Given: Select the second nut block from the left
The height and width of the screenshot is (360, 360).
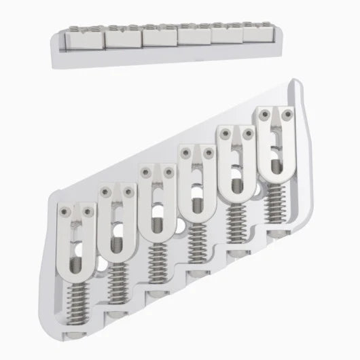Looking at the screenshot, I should (122, 38).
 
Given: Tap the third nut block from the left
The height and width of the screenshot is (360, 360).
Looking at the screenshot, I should (159, 37).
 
